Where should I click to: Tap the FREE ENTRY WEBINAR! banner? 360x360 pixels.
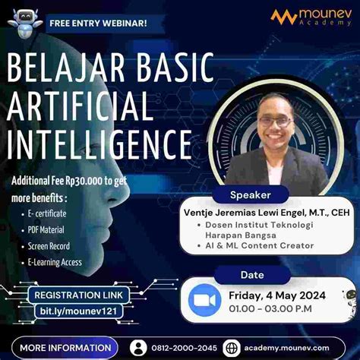pos(98,22)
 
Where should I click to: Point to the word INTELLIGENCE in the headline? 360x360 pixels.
pos(99,142)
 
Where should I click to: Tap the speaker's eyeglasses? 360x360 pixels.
pos(274,121)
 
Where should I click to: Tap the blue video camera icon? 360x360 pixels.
pos(203,300)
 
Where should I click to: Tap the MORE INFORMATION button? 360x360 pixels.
pos(63,347)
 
